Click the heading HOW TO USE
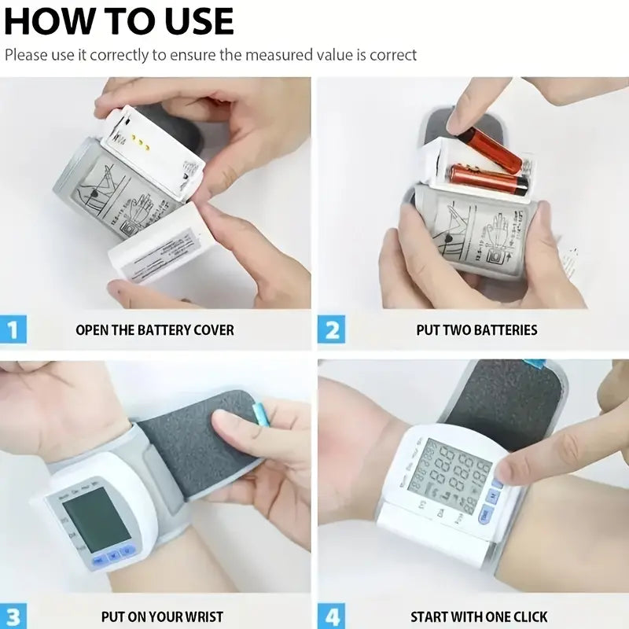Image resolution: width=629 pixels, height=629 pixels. click(119, 20)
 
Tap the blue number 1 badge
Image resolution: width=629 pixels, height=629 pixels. click(13, 329)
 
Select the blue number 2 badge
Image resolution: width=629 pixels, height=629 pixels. click(332, 329)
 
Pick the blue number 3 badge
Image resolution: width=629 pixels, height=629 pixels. click(13, 616)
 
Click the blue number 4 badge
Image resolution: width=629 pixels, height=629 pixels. click(332, 616)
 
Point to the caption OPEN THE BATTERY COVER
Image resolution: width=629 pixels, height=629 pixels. click(155, 329)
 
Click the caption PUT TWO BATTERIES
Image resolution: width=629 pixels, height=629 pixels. click(476, 329)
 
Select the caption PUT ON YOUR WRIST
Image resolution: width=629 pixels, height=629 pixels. click(162, 617)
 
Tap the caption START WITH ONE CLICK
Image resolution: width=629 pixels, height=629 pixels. click(479, 617)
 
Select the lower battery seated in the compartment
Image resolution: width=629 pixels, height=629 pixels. click(487, 179)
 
